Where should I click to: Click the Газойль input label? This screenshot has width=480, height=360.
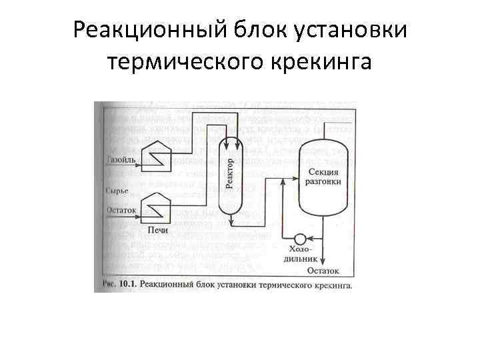pyautogui.click(x=121, y=160)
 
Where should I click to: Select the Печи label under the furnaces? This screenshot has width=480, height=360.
pyautogui.click(x=154, y=230)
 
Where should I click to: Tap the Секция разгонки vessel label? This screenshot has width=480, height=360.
pyautogui.click(x=325, y=176)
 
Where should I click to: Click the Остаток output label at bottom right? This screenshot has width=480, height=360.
pyautogui.click(x=323, y=271)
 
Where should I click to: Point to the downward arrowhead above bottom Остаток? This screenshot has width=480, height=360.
pyautogui.click(x=323, y=261)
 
